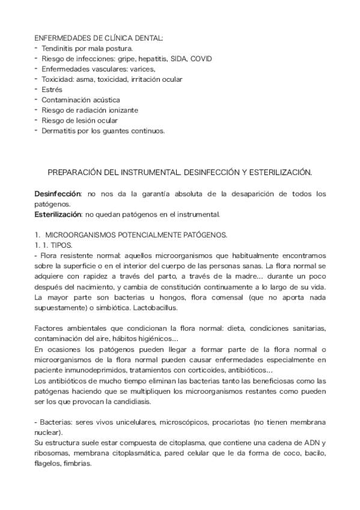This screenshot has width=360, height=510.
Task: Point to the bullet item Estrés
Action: (x=52, y=90)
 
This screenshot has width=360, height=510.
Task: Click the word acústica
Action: (x=105, y=100)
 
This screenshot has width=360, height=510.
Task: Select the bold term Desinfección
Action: (x=57, y=194)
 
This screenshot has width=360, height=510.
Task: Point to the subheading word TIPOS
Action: (x=62, y=245)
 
